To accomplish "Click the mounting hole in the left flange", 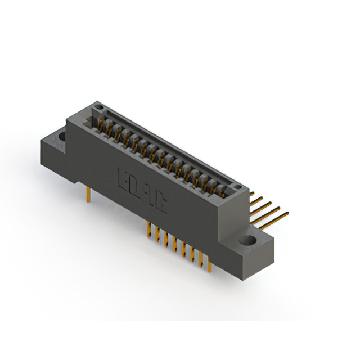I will click(60, 136).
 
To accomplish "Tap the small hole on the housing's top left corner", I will click(99, 105).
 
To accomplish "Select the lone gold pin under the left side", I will click(88, 194).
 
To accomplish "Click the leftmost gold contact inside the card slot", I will click(102, 124).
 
